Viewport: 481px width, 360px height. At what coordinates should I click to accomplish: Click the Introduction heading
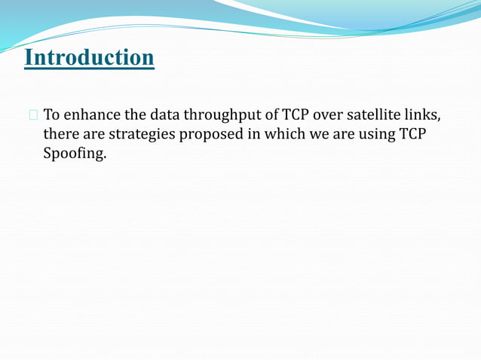(x=89, y=57)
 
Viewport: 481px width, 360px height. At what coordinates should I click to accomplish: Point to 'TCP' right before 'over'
(x=297, y=115)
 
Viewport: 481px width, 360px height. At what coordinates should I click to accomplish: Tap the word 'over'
(x=333, y=115)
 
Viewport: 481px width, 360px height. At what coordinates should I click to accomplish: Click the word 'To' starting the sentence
(x=53, y=115)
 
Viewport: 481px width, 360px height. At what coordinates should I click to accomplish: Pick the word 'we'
(x=317, y=135)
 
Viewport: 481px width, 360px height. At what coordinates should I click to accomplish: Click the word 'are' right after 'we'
(x=342, y=135)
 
